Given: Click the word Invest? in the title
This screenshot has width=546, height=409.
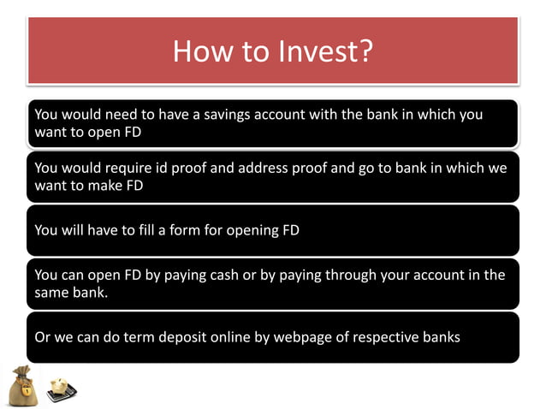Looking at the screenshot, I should click(324, 50).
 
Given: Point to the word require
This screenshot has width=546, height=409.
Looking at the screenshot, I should click(139, 168).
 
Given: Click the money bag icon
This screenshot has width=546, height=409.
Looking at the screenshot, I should click(23, 384).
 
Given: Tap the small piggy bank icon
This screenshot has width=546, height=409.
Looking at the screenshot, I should click(61, 388).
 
